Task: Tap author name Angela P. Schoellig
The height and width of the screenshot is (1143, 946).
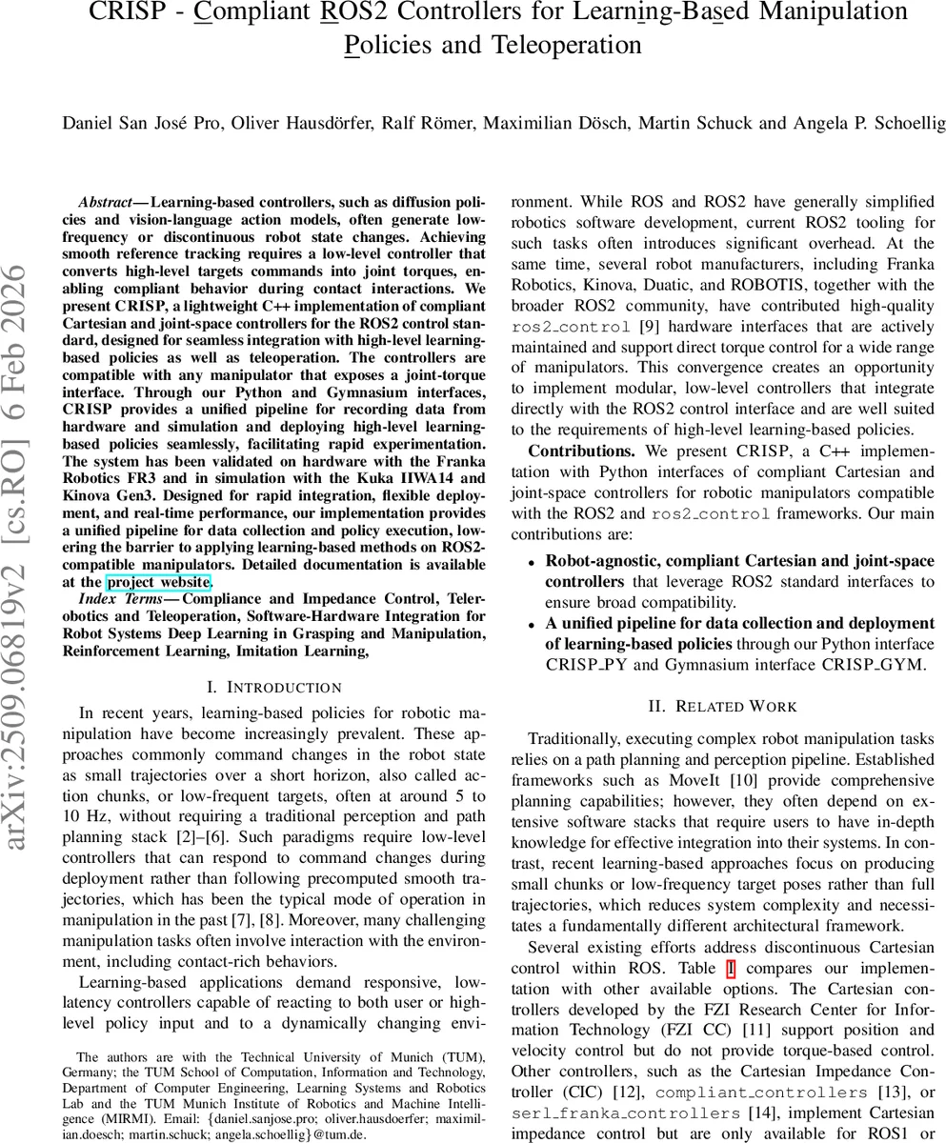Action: coord(861,122)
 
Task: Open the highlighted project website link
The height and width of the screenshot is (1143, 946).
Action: coord(158,582)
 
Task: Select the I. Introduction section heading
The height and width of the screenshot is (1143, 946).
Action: coord(273,687)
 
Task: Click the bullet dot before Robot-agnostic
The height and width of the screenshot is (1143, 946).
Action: coord(531,562)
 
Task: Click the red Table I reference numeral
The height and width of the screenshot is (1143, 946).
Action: coord(731,970)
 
